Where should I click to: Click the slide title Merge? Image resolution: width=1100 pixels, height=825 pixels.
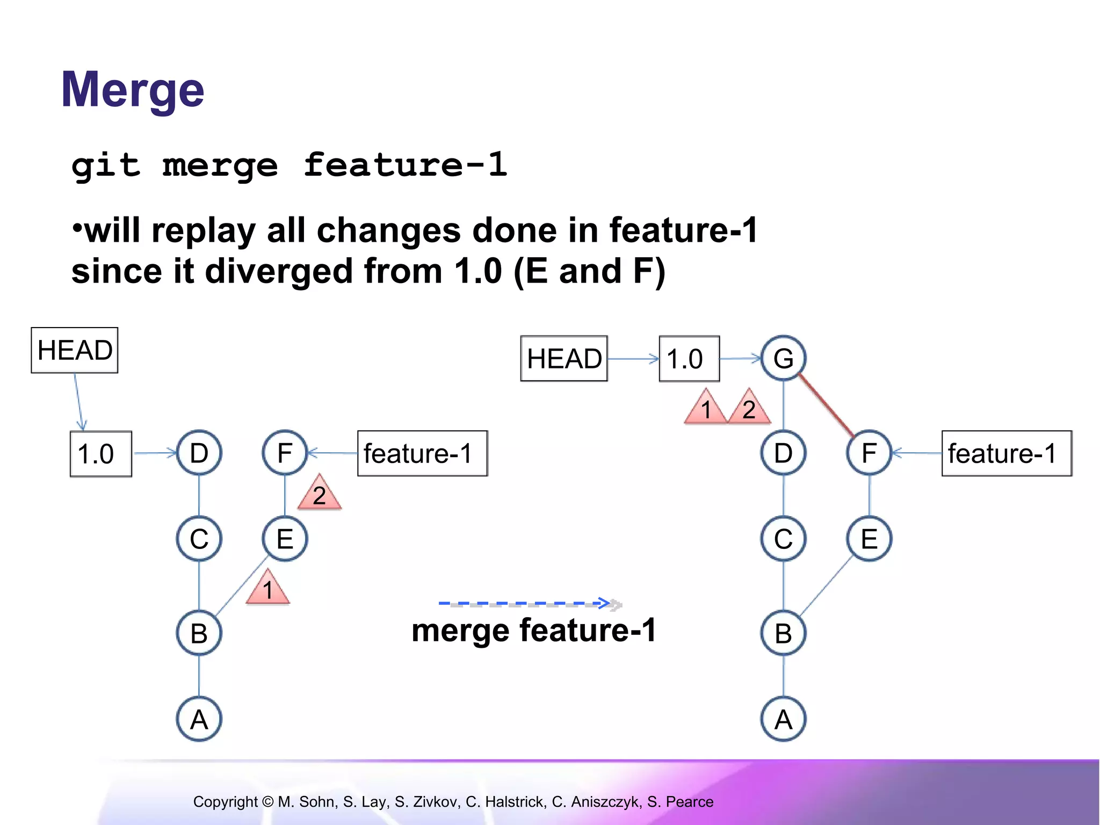pos(133,90)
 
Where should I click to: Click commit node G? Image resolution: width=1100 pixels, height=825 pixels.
pos(783,358)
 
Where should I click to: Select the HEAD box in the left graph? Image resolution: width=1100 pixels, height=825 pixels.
pos(75,350)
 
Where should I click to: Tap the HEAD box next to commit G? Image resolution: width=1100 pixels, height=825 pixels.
pos(564,359)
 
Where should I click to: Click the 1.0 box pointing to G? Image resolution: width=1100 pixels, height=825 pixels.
pos(689,359)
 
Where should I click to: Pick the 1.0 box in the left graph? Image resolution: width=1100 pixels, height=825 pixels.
pos(101,454)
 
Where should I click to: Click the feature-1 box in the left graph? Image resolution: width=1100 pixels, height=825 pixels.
pos(422,453)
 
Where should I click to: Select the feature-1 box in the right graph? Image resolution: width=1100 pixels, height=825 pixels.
pos(1007,453)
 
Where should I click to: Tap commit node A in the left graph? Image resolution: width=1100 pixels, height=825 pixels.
pos(199,719)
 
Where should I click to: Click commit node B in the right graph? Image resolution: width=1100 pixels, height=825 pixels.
pos(783,633)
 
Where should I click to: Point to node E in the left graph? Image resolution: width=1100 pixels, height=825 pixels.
pos(285,539)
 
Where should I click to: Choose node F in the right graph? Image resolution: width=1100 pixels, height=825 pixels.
pos(869,453)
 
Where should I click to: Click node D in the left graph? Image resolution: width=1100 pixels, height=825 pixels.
pos(199,453)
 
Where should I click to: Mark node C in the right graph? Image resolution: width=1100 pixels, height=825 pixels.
pos(783,539)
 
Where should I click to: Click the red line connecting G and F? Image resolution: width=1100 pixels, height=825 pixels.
pos(826,406)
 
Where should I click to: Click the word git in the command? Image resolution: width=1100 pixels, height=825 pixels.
pos(106,165)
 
